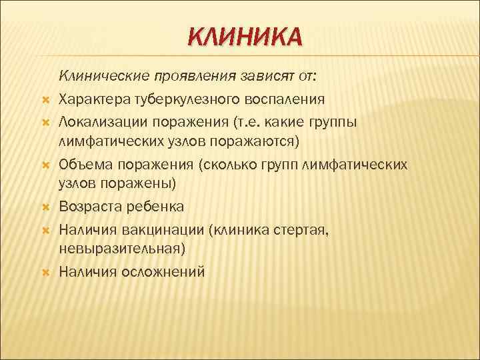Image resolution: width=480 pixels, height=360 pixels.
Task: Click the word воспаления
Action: [x=286, y=99]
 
